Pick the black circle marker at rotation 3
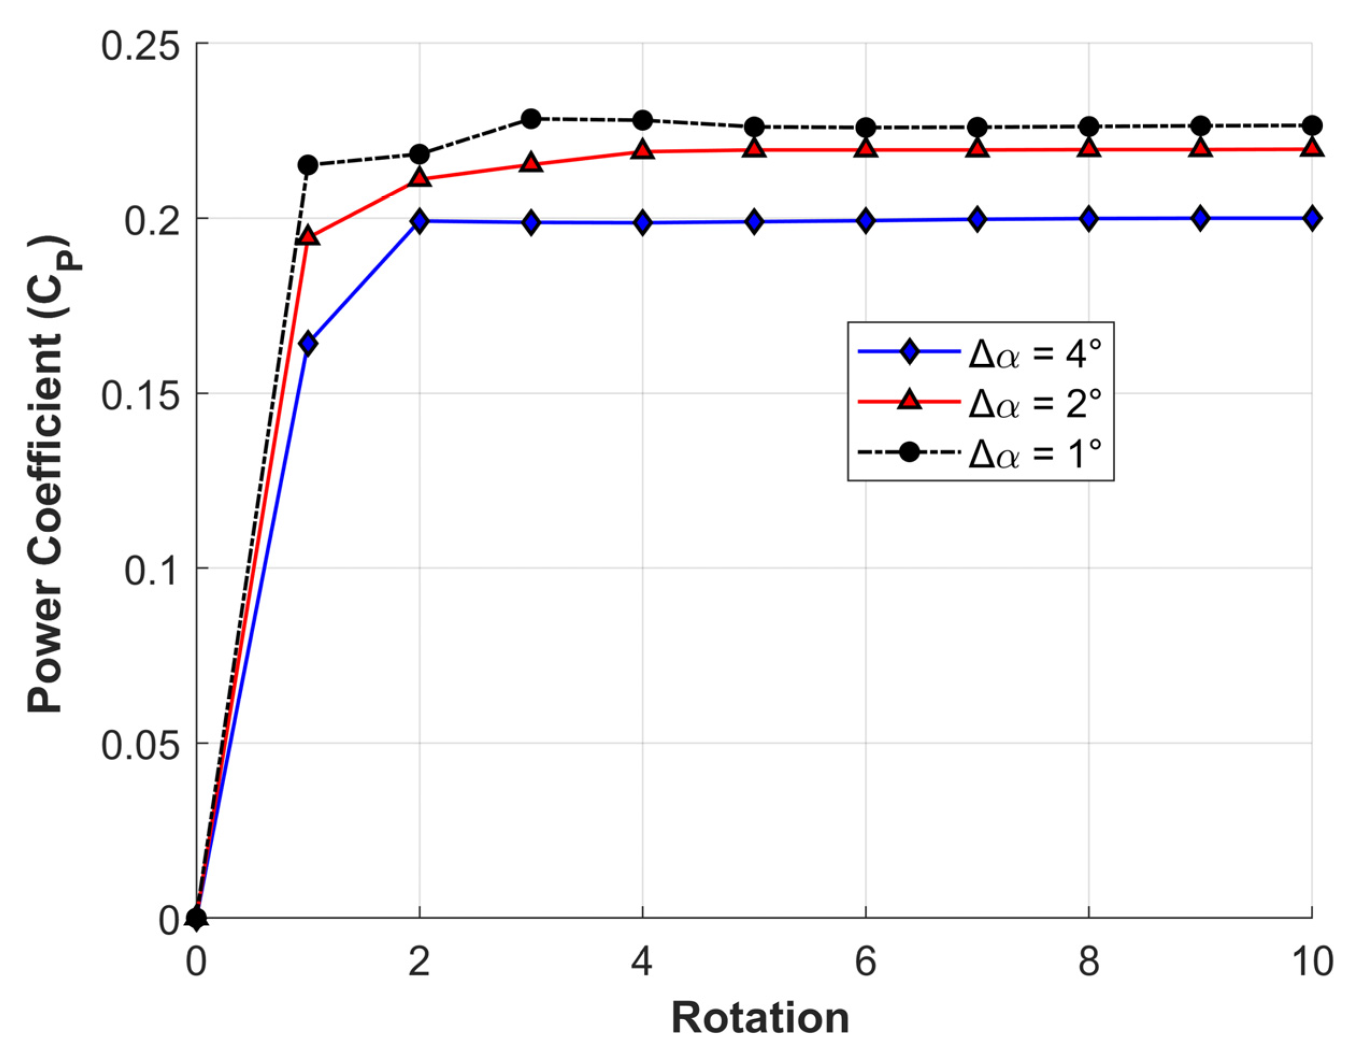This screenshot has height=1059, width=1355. pos(530,118)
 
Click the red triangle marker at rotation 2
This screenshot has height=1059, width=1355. pos(419,178)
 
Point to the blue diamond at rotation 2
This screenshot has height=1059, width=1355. pos(419,221)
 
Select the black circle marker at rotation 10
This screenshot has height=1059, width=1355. pos(1311,125)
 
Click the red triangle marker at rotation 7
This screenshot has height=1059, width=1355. pos(977,149)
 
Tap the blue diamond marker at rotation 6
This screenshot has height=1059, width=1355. pos(865,220)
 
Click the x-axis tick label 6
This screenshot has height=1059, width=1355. pos(865,961)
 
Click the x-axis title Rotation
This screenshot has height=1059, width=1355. pos(760,1018)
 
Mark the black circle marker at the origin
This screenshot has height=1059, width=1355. pos(196,918)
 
